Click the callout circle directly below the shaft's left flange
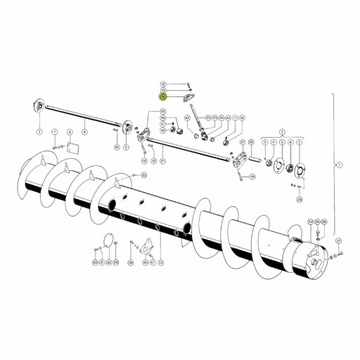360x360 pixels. tap(38, 130)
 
